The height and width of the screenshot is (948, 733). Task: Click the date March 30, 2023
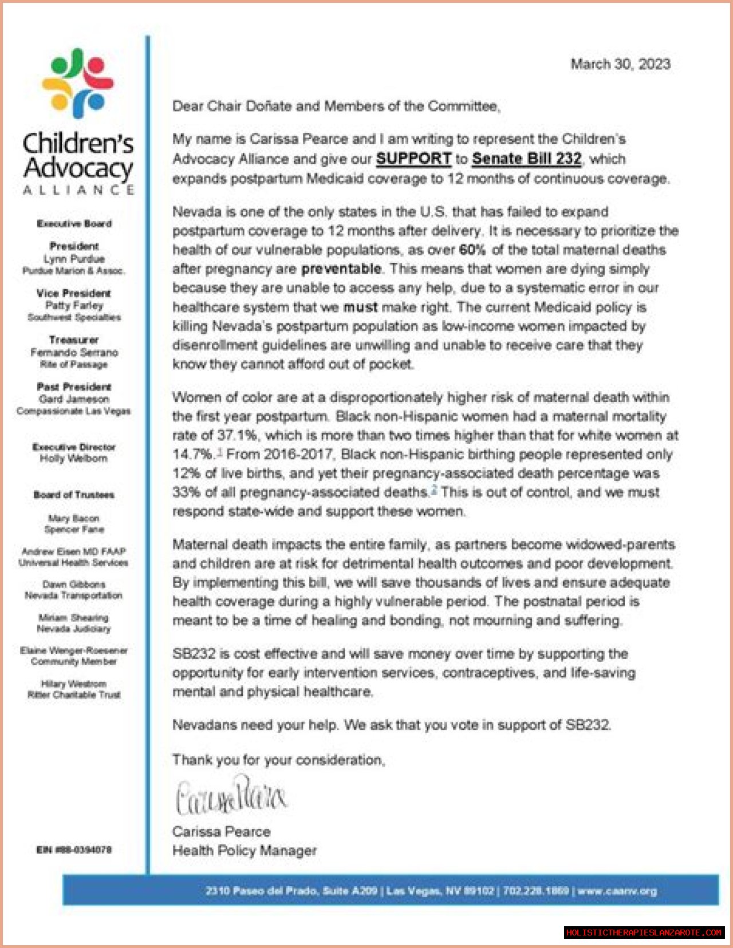pos(620,64)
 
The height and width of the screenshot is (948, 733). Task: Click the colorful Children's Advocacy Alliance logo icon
pos(78,84)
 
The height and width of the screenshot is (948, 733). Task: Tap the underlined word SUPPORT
pos(413,159)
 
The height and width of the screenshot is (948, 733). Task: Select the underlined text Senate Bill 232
pos(526,159)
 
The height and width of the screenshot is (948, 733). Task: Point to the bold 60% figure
pos(472,250)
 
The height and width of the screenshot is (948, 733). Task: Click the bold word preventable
pos(341,269)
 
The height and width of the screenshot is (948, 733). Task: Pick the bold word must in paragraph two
pos(360,307)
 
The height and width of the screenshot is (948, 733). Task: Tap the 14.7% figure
pos(192,454)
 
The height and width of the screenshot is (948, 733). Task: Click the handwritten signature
pos(231,796)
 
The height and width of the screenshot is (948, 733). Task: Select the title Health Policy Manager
pos(245,851)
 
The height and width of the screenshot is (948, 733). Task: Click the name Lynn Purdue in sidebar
pos(74,258)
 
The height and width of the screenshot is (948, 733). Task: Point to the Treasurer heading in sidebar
pos(74,340)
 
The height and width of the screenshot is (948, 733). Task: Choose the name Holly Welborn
pos(74,458)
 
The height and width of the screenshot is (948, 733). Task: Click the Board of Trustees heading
pos(74,495)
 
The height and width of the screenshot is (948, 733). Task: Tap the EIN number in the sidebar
pos(74,849)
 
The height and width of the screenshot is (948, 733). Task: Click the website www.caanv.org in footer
pos(617,891)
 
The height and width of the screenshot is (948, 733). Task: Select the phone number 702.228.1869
pos(536,891)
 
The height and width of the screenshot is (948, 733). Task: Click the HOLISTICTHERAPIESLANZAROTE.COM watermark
pos(644,933)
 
